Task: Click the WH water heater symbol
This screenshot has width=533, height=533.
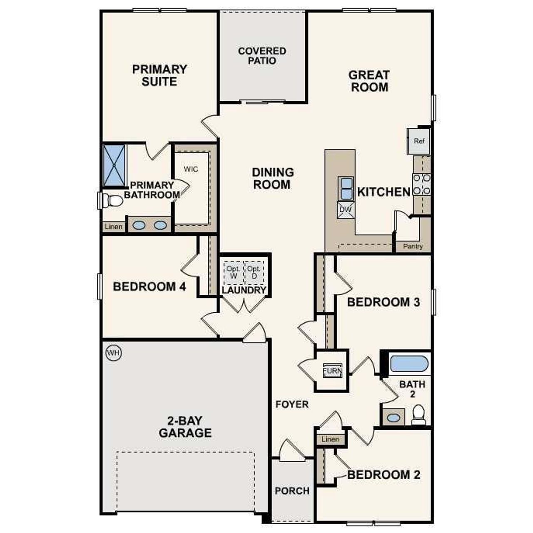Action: (x=113, y=354)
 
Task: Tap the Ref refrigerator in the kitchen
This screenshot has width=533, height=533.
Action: (x=418, y=141)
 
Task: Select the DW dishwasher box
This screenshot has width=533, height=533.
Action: (x=346, y=210)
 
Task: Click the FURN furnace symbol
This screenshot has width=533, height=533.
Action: (x=333, y=371)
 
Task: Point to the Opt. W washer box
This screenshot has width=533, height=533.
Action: (x=233, y=272)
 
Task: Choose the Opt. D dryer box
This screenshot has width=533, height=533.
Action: (x=254, y=272)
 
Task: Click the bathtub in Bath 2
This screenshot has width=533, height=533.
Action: (x=409, y=364)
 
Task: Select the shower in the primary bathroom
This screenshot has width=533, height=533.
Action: (x=114, y=165)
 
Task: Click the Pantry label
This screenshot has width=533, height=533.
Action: (x=413, y=247)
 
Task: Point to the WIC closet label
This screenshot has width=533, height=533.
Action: (x=191, y=169)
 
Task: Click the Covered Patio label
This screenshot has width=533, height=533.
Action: (x=262, y=56)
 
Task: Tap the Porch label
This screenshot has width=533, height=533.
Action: (x=292, y=491)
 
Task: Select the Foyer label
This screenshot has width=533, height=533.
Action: (x=292, y=404)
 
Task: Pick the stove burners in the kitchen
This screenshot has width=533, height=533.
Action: (x=421, y=184)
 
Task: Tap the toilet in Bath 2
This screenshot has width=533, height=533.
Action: (x=418, y=415)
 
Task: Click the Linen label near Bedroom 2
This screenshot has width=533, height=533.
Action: (x=331, y=439)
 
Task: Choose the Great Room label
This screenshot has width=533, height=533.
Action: (x=369, y=81)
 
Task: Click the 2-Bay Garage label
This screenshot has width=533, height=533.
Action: (x=185, y=426)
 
